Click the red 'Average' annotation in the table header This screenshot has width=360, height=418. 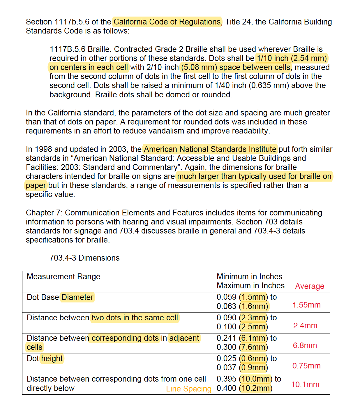tap(310, 286)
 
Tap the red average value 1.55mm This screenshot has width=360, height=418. tap(306, 305)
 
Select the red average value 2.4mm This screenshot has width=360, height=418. tap(305, 326)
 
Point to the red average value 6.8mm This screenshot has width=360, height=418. tap(305, 345)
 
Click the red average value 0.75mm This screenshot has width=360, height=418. tap(306, 366)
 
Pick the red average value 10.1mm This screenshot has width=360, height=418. tap(305, 384)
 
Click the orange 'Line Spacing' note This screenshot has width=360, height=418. tap(189, 389)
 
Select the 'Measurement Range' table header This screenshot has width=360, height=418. tap(63, 277)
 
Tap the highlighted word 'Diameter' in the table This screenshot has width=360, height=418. tap(77, 297)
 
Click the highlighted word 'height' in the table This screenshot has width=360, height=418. tap(52, 359)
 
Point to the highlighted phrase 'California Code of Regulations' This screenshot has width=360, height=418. tap(167, 22)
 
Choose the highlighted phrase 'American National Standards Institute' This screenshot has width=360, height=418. tap(210, 149)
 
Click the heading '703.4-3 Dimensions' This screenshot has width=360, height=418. tap(84, 258)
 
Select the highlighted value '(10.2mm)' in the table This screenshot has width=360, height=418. tap(256, 388)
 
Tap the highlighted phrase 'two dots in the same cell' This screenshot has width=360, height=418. tap(135, 318)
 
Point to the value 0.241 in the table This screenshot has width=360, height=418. tap(226, 338)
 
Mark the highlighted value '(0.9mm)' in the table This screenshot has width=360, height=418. tap(253, 368)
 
